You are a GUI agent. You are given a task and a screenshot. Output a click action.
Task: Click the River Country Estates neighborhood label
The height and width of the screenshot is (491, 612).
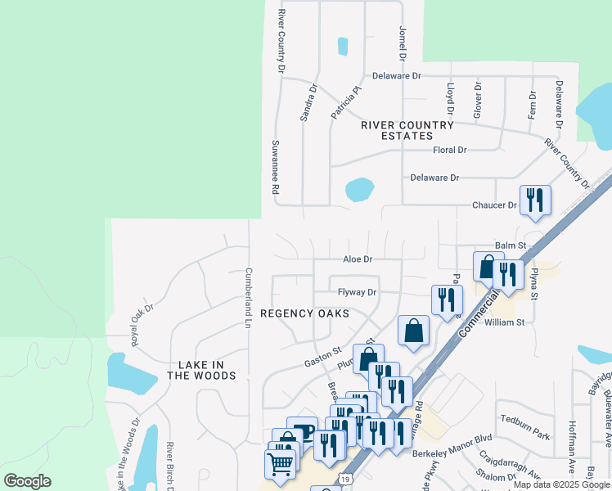coord(407,130)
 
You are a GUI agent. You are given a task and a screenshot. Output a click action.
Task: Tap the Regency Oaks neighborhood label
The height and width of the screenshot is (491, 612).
coord(304,313)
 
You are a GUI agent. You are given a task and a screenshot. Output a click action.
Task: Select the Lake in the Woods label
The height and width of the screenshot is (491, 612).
coord(201,370)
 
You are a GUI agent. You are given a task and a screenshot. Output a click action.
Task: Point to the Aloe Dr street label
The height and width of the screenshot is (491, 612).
coord(358,259)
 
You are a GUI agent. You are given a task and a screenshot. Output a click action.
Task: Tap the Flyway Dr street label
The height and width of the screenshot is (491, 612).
coord(357,292)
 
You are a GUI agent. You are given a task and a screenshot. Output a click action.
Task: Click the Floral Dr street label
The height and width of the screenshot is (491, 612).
coord(449,151)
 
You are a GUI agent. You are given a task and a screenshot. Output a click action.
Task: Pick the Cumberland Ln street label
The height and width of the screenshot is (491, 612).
coord(248,298)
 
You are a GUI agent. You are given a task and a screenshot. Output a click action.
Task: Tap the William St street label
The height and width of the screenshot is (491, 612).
coord(504,322)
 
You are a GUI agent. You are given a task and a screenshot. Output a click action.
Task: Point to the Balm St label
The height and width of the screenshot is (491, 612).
coord(510,245)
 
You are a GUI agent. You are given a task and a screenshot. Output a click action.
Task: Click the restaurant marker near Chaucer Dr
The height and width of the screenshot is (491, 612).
coord(535,200)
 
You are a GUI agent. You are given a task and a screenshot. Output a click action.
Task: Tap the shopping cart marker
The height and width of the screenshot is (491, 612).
coord(281,464)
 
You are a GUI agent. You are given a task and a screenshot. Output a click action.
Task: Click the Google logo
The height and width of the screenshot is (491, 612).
coord(27,482)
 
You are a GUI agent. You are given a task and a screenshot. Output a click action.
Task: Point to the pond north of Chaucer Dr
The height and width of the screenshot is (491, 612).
coord(359,190)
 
